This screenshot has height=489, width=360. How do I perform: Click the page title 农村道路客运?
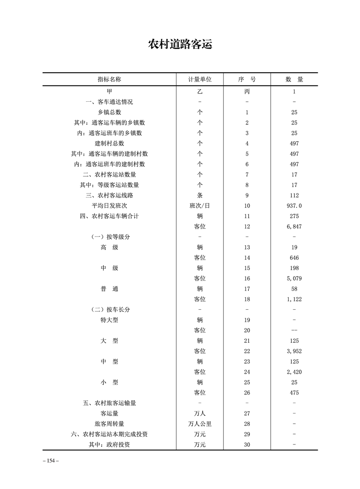coord(180,45)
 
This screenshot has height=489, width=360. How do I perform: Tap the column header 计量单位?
coord(200,79)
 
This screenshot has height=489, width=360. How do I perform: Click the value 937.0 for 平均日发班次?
coord(294,206)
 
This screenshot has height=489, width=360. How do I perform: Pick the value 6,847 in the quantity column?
coord(294,227)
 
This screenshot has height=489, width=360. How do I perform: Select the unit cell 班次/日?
coord(200,206)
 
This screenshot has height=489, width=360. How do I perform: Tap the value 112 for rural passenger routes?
coord(294,195)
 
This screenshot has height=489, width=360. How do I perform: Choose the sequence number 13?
coord(247,247)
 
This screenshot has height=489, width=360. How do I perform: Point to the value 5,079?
coord(294,278)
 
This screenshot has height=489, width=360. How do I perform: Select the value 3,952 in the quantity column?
coord(294,351)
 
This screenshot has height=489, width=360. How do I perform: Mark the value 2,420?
coord(294,372)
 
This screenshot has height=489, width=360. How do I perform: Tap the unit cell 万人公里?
coord(200,424)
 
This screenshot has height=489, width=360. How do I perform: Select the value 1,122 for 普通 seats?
coord(294,299)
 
